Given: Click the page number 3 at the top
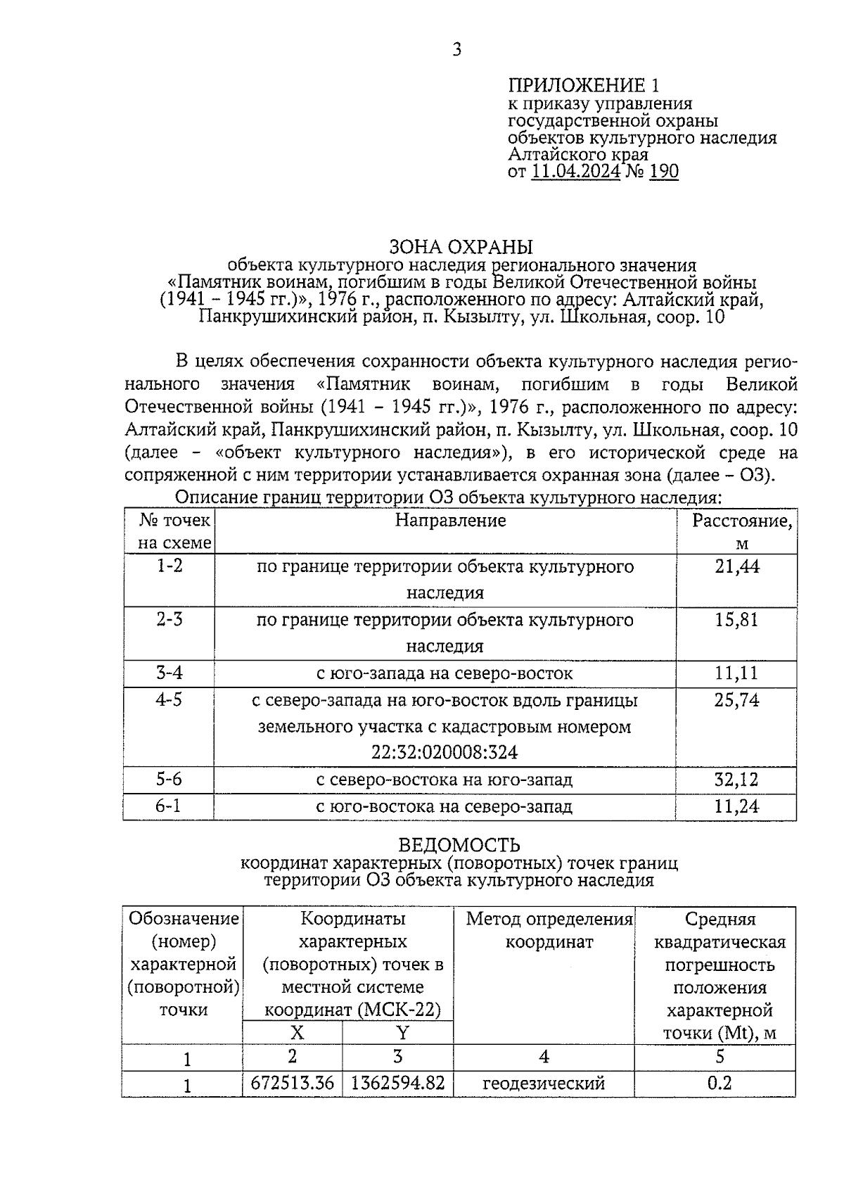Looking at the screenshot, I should tap(456, 50).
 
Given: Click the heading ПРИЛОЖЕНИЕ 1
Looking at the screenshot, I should tap(584, 86).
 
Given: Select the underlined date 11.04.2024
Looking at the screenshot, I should tap(576, 172).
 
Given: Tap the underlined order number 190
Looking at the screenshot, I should tap(664, 172).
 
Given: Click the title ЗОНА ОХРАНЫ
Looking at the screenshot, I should tap(461, 247).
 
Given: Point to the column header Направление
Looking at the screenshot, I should tap(450, 521).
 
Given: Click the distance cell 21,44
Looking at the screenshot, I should tap(736, 567).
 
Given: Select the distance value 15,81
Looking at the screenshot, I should tap(736, 621).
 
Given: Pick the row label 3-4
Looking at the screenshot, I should tap(169, 673).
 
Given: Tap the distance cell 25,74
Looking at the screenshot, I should tap(736, 700).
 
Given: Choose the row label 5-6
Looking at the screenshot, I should tap(169, 780).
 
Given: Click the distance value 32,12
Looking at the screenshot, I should tap(736, 780).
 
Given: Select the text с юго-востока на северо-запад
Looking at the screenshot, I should tap(444, 806).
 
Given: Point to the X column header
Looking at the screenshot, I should tap(297, 1033).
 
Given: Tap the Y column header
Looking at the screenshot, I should tap(402, 1033).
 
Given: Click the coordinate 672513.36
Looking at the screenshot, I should tap(293, 1083).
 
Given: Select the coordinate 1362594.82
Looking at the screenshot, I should tap(397, 1083).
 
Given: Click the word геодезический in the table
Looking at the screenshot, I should tap(544, 1084).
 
